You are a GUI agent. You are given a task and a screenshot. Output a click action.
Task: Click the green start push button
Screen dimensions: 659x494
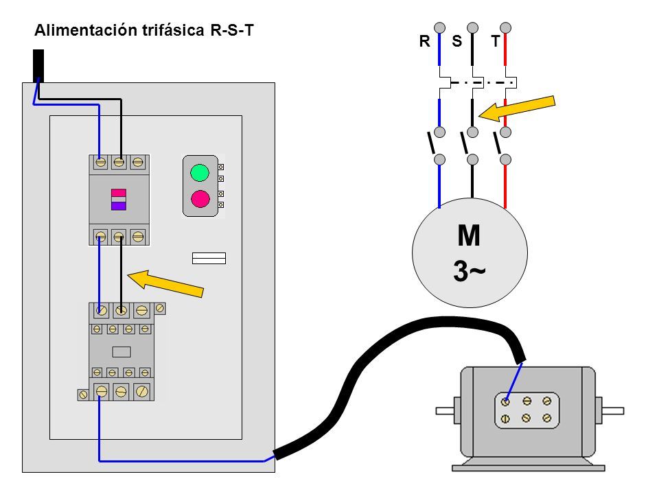pyautogui.click(x=200, y=173)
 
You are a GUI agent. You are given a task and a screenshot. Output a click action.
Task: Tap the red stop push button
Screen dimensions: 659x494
pyautogui.click(x=200, y=199)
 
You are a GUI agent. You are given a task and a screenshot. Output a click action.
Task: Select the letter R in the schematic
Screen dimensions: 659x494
pyautogui.click(x=424, y=41)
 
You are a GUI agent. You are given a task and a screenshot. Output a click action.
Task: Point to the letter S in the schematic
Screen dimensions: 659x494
pyautogui.click(x=457, y=41)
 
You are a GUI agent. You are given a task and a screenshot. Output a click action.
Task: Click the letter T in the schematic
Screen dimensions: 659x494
pyautogui.click(x=496, y=41)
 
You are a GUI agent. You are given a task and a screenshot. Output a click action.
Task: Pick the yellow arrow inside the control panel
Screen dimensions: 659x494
pyautogui.click(x=165, y=283)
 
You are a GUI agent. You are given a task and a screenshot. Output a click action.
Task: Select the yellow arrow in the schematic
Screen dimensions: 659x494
pyautogui.click(x=517, y=108)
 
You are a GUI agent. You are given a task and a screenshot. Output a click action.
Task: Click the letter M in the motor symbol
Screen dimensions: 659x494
pyautogui.click(x=469, y=235)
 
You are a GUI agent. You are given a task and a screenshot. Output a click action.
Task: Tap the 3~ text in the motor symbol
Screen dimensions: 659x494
pyautogui.click(x=469, y=270)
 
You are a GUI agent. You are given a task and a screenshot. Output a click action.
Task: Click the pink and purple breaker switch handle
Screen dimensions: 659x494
pyautogui.click(x=119, y=199)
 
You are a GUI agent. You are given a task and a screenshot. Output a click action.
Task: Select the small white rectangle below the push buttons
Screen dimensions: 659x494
pyautogui.click(x=209, y=259)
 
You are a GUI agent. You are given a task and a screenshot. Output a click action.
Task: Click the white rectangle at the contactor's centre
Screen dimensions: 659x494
pyautogui.click(x=122, y=351)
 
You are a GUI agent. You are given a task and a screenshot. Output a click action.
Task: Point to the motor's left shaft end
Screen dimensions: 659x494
pyautogui.click(x=445, y=410)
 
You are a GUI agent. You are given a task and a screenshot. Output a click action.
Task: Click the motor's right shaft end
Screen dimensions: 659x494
pyautogui.click(x=613, y=410)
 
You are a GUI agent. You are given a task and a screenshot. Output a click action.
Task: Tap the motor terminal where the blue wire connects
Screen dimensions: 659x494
pyautogui.click(x=505, y=402)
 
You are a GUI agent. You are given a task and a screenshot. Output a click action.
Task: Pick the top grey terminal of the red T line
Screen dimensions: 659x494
pyautogui.click(x=506, y=27)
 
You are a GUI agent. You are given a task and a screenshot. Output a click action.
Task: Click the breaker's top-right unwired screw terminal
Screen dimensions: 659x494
pyautogui.click(x=138, y=162)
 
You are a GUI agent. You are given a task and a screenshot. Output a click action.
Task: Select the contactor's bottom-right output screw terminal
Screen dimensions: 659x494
pyautogui.click(x=142, y=392)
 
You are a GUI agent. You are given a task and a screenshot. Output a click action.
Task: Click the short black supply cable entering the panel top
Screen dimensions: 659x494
pyautogui.click(x=38, y=66)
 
